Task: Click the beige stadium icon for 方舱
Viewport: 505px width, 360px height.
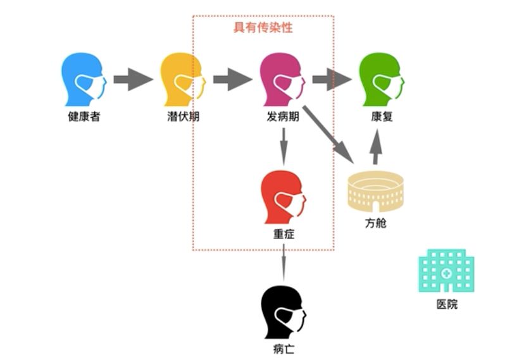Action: (375, 190)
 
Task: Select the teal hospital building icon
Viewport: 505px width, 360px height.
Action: (446, 270)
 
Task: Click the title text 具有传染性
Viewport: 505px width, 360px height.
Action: (263, 28)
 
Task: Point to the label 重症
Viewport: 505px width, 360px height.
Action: (283, 235)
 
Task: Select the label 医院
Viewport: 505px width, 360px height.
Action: (447, 304)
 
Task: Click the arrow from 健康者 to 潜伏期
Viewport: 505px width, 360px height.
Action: (133, 80)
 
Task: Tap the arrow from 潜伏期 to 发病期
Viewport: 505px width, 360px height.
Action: (232, 80)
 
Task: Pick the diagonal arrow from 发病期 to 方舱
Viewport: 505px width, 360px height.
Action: (328, 133)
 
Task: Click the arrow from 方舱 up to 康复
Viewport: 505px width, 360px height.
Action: (376, 146)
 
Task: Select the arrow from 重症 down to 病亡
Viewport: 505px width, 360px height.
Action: (283, 261)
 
